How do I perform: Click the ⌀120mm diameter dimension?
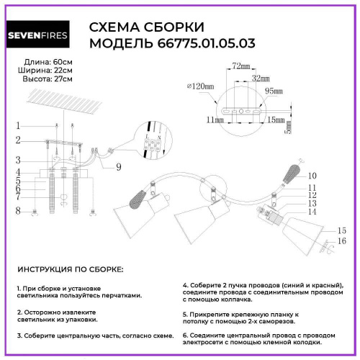(201, 86)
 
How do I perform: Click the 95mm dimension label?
(274, 91)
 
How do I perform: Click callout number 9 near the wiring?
(120, 167)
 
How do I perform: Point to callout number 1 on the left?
(17, 125)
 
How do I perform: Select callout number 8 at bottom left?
(17, 210)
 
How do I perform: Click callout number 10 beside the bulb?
(312, 176)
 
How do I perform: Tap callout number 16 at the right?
(343, 240)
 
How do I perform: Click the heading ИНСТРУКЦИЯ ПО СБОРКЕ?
(69, 269)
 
